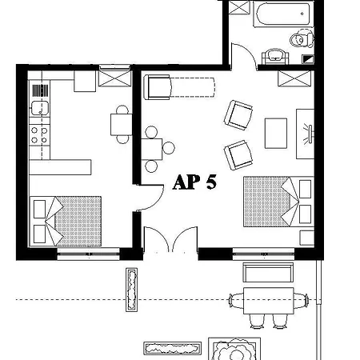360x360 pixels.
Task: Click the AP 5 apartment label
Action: point(194,182)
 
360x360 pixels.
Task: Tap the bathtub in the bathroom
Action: point(283,14)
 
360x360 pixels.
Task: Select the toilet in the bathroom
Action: point(302,39)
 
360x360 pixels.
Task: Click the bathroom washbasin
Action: point(275,57)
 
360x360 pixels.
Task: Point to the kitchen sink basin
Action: point(40,108)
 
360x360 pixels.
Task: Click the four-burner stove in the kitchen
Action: point(39,135)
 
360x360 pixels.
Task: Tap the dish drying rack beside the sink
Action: point(41,90)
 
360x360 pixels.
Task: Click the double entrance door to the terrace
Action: point(170,239)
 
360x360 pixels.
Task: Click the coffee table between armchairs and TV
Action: point(276,134)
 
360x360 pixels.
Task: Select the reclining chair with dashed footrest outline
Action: point(179,87)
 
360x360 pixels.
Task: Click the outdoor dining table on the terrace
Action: point(269,301)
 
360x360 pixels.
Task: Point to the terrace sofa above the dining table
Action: point(268,272)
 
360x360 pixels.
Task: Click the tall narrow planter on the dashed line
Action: point(132,290)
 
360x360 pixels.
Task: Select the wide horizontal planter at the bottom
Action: point(173,348)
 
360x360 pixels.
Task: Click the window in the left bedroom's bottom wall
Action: point(88,254)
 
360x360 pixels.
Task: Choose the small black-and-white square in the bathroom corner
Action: point(307,59)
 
